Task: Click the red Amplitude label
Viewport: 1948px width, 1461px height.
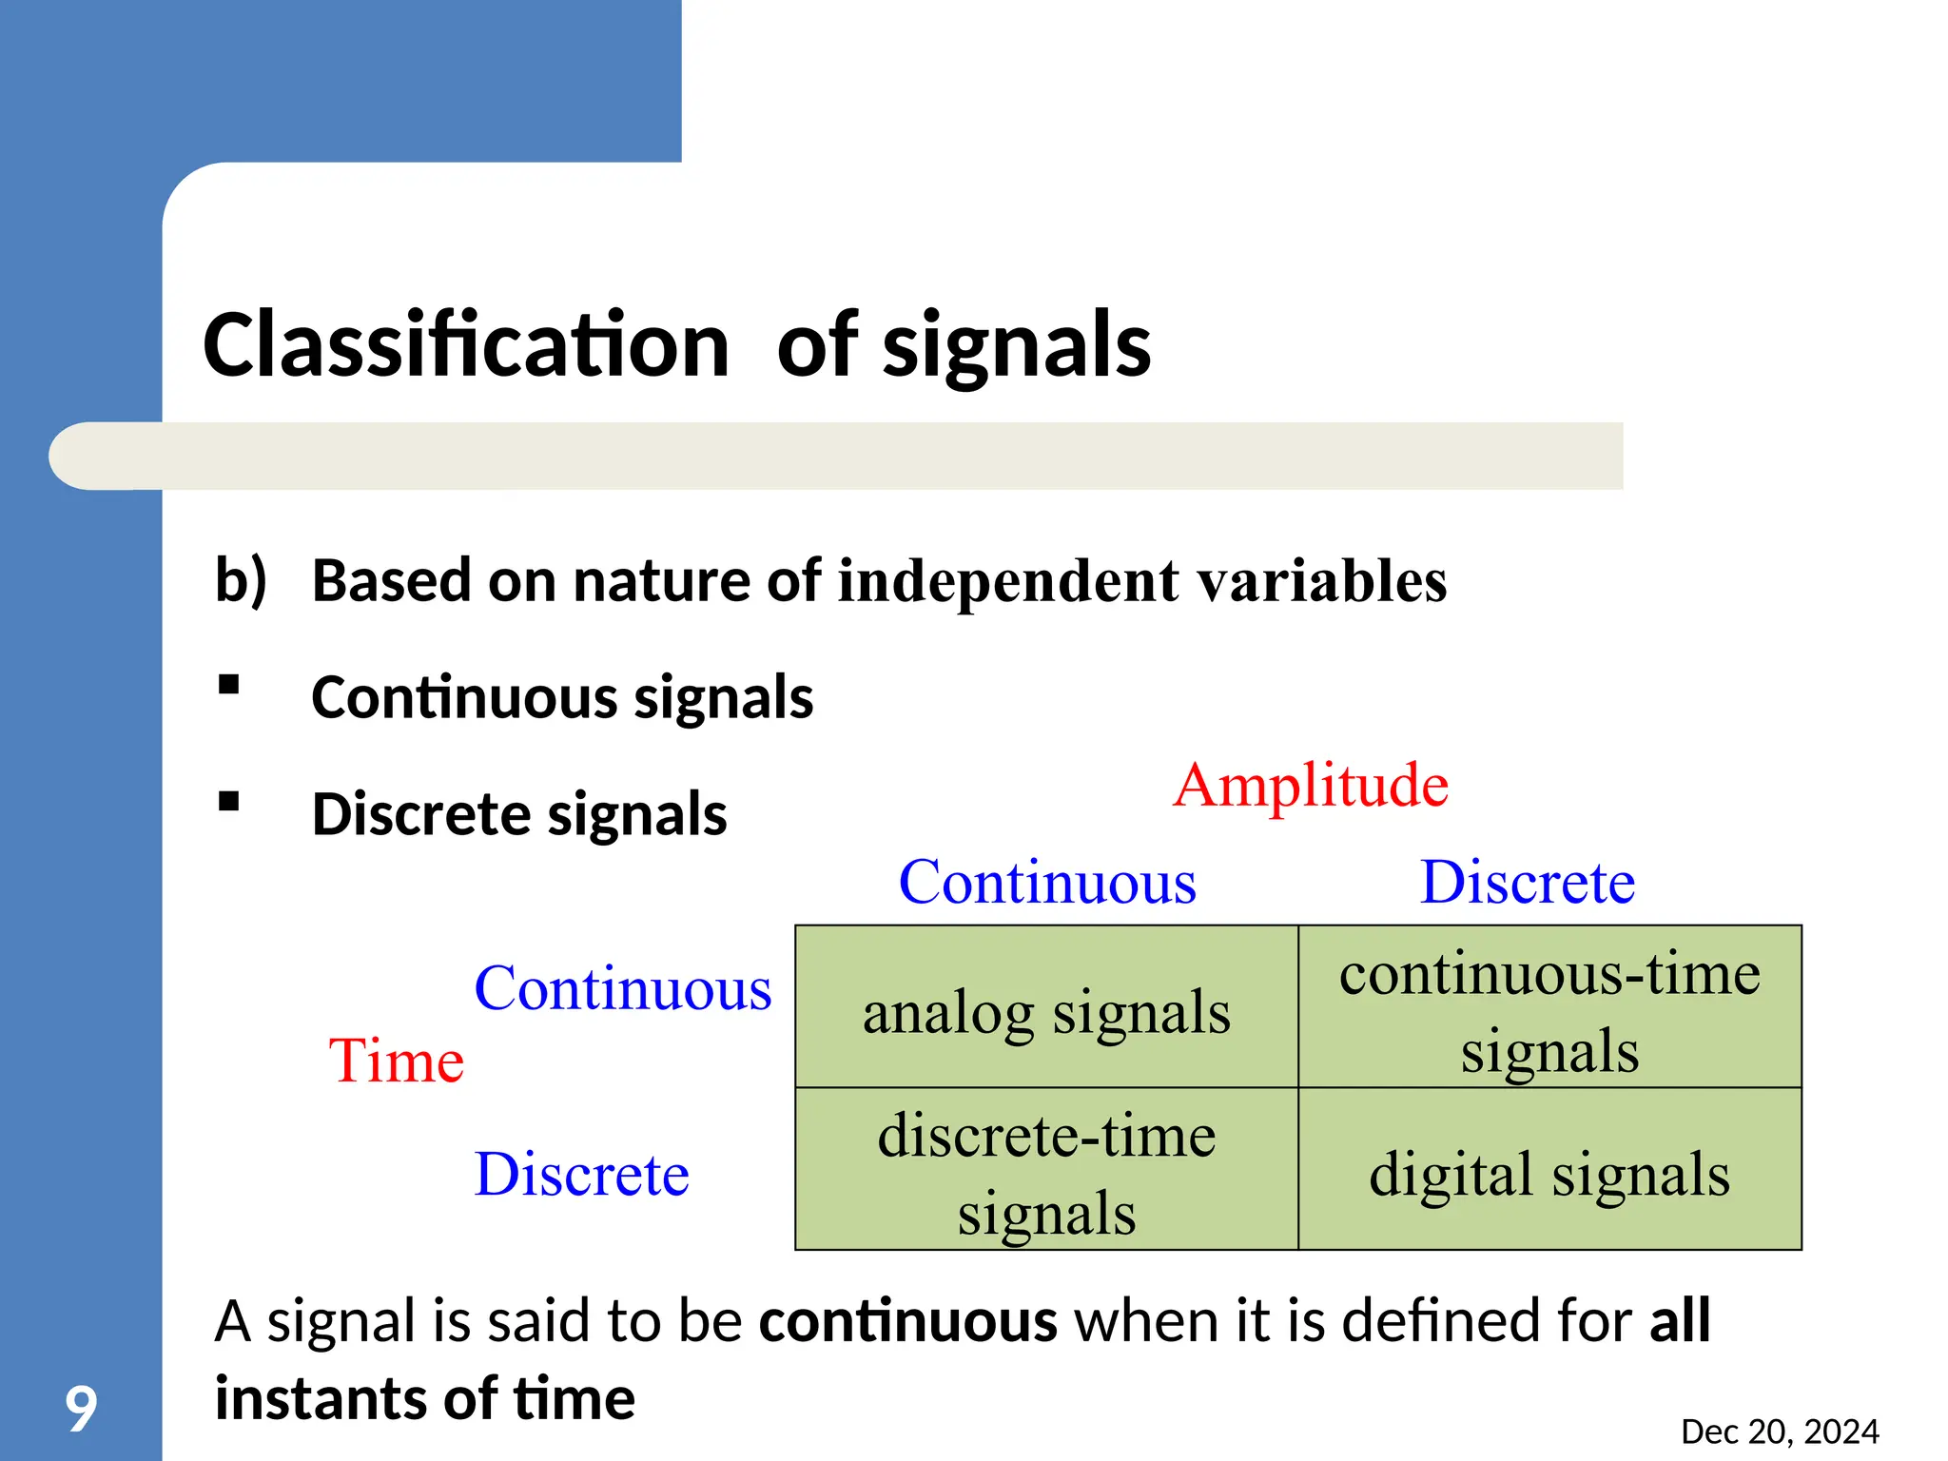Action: [x=1311, y=786]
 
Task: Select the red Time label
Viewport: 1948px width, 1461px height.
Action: [x=397, y=1061]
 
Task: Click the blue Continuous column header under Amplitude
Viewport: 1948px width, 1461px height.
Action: [x=1047, y=883]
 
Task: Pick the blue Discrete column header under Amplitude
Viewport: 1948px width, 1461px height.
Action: [x=1527, y=883]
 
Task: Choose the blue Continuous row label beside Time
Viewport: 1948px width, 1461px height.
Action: [x=623, y=988]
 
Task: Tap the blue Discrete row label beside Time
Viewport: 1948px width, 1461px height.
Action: [x=581, y=1174]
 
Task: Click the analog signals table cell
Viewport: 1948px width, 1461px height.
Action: [x=1046, y=1012]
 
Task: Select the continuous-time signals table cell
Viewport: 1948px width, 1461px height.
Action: [x=1549, y=1010]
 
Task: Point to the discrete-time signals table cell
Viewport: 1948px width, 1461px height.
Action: [x=1046, y=1172]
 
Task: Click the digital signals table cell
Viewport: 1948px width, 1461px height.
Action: [x=1549, y=1174]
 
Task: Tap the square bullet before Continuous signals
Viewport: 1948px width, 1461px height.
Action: [x=228, y=686]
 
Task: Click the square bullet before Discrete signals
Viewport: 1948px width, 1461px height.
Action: [x=228, y=802]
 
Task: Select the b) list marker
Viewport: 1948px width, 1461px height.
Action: [x=241, y=580]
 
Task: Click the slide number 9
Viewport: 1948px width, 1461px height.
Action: [x=81, y=1409]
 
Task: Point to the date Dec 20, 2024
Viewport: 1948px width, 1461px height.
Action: [x=1780, y=1432]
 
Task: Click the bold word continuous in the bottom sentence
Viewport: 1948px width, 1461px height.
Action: [x=907, y=1321]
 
